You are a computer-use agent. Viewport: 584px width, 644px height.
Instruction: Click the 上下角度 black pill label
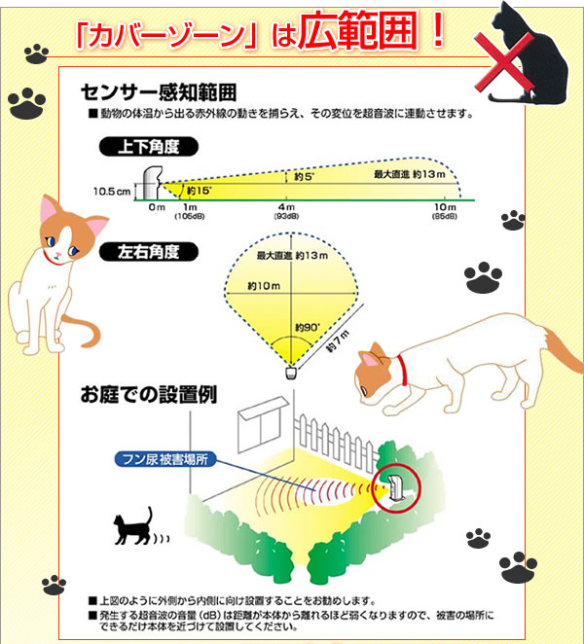tap(148, 147)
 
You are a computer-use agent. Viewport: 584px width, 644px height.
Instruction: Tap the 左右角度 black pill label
tap(148, 252)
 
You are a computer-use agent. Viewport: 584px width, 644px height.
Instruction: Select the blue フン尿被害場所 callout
tap(165, 459)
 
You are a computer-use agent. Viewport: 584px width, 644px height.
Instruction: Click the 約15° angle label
tap(200, 191)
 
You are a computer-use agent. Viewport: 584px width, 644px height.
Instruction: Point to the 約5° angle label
tap(304, 177)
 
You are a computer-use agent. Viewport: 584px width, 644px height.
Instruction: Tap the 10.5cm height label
tap(112, 192)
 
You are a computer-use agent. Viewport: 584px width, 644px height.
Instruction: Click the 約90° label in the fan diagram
tap(308, 327)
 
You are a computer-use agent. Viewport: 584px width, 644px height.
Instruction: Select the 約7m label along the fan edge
tap(338, 341)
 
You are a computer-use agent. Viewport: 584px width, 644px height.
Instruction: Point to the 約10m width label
tap(264, 285)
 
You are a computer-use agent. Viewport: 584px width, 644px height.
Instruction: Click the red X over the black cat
tap(504, 61)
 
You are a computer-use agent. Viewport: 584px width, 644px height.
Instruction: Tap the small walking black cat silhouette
tap(132, 527)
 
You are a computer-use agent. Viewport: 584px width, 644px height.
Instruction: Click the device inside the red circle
tap(396, 487)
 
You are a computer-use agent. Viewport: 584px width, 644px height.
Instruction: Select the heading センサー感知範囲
tap(159, 92)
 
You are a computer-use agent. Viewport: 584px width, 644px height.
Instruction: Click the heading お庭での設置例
tap(149, 395)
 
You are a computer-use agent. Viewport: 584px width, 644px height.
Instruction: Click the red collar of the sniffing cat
tap(402, 370)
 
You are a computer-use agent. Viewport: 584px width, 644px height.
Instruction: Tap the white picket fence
tap(335, 441)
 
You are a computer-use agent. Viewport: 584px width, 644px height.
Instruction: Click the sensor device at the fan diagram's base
tap(291, 373)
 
